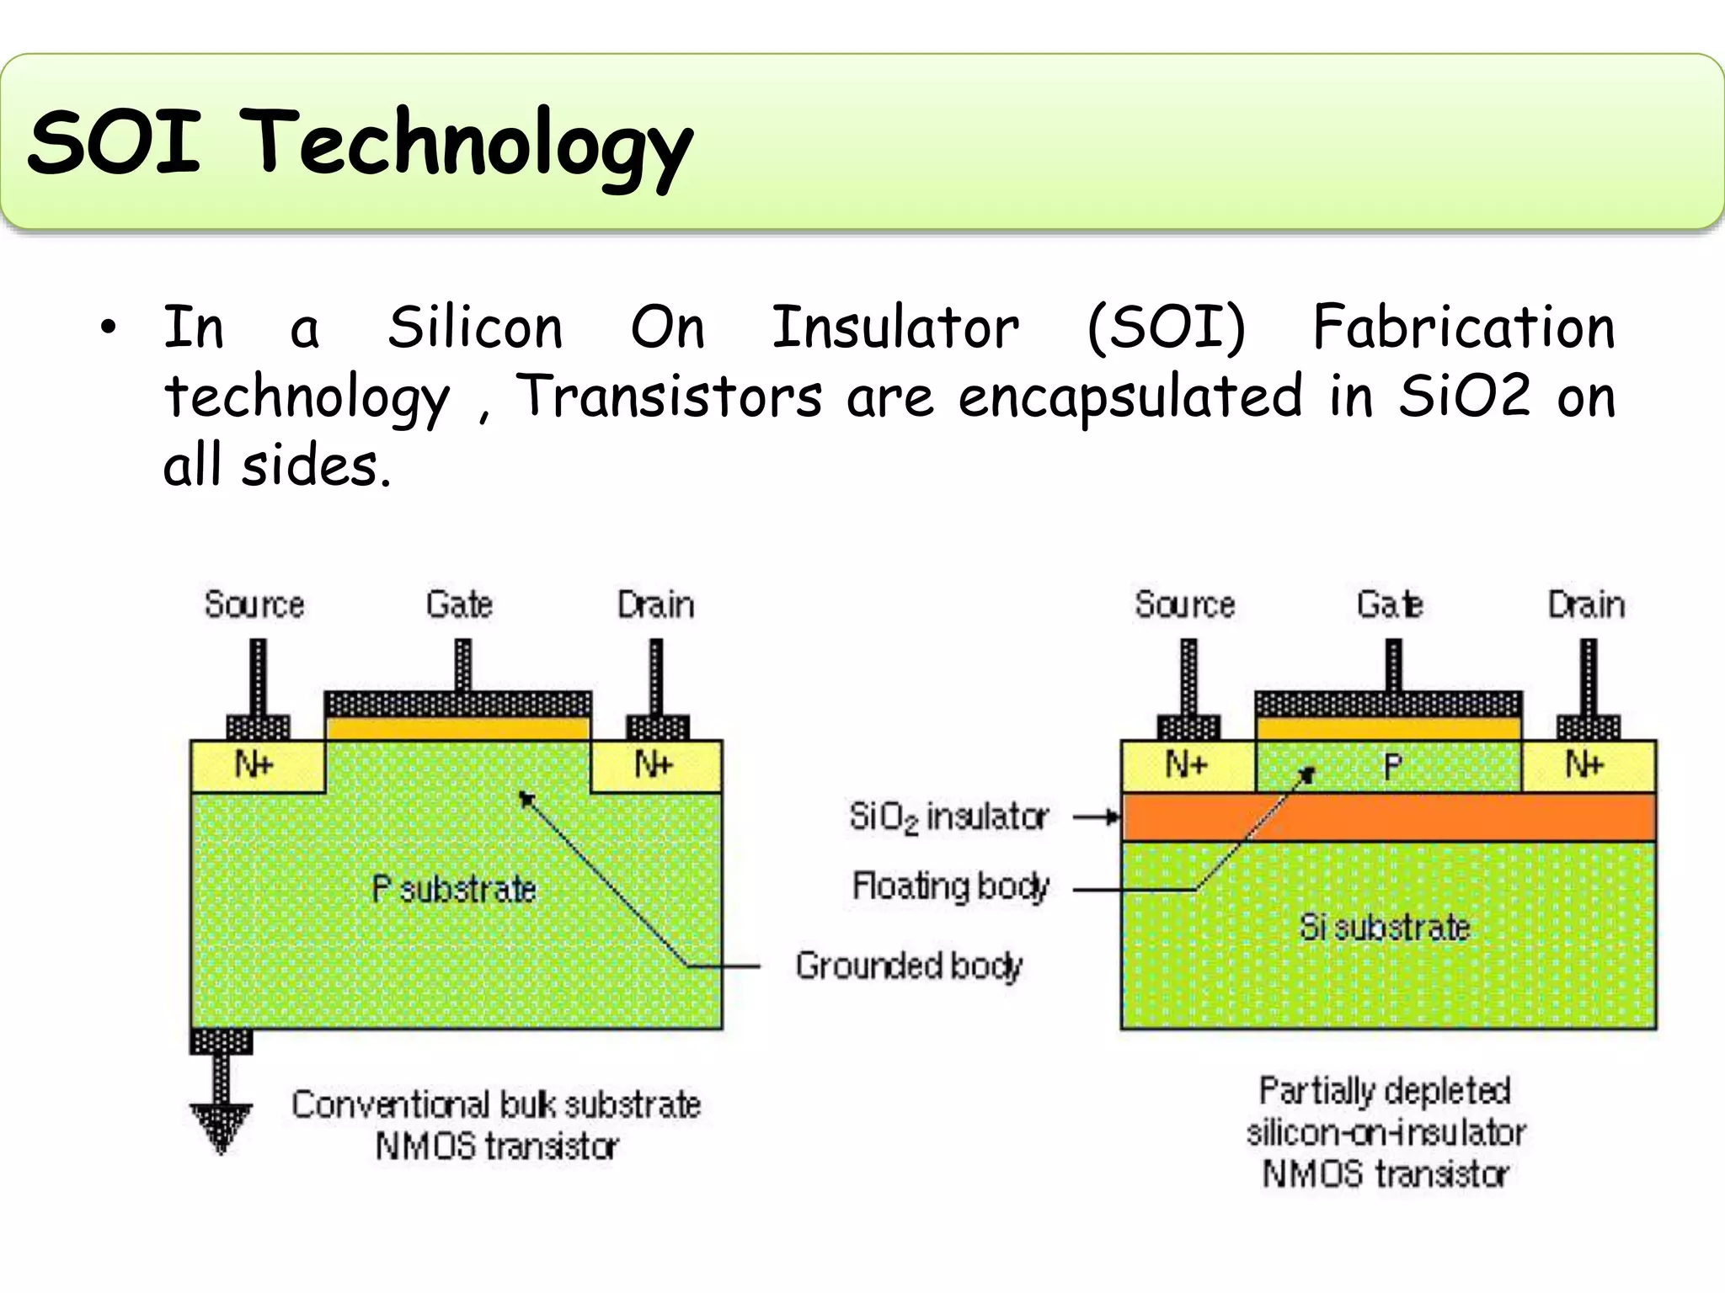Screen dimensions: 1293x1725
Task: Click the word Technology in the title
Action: point(472,143)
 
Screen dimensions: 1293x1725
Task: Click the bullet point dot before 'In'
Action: point(108,329)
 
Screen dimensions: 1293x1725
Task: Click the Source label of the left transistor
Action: point(254,604)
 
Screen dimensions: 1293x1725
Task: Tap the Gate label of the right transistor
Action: point(1390,604)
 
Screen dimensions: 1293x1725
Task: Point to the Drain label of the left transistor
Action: point(655,604)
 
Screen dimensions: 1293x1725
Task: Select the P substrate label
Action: point(454,889)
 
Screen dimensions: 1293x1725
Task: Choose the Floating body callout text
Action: point(950,886)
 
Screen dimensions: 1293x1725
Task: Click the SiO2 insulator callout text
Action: point(948,817)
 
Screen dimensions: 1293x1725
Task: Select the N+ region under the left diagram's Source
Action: point(255,765)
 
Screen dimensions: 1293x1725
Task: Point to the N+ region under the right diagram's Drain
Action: point(1587,765)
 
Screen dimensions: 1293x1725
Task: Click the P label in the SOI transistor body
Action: point(1392,765)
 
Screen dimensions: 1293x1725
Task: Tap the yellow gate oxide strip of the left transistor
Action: point(457,727)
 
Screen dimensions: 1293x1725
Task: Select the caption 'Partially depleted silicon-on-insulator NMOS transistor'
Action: point(1385,1132)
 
